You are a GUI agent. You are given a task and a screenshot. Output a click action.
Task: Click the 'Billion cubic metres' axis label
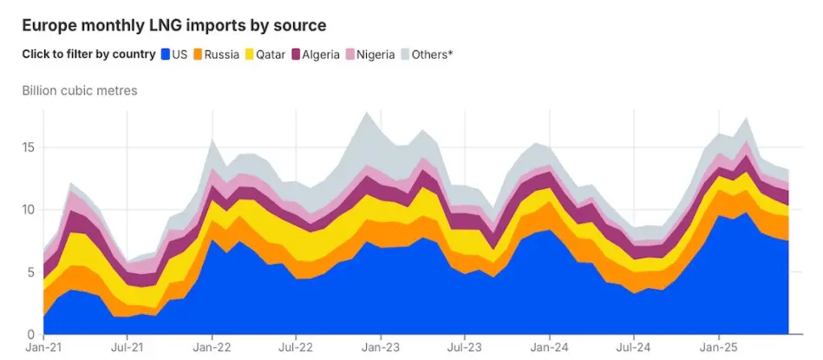(80, 90)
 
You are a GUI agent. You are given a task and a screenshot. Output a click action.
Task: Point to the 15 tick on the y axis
(29, 147)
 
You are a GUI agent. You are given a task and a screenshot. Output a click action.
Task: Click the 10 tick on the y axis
(29, 210)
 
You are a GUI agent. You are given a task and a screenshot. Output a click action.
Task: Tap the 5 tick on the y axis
(32, 272)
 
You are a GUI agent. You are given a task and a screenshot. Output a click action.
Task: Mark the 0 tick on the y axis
(32, 335)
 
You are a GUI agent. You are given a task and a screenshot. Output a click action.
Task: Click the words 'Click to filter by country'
(88, 55)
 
